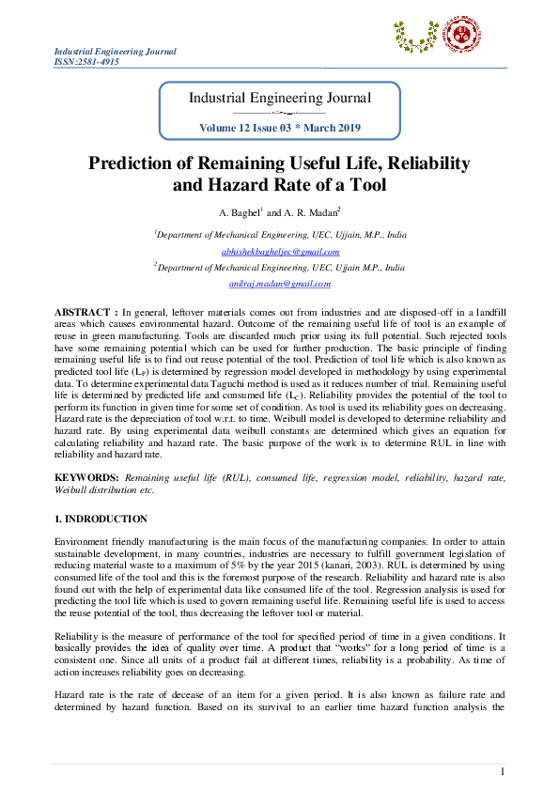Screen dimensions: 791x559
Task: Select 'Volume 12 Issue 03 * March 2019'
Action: tap(280, 127)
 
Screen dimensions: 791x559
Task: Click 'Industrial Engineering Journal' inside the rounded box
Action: tap(280, 98)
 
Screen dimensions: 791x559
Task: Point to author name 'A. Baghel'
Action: tap(238, 212)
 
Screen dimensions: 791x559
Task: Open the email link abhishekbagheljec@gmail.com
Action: tap(280, 251)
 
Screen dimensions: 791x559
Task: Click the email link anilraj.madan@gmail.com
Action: tap(280, 283)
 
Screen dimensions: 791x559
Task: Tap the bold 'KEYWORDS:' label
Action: tap(86, 478)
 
